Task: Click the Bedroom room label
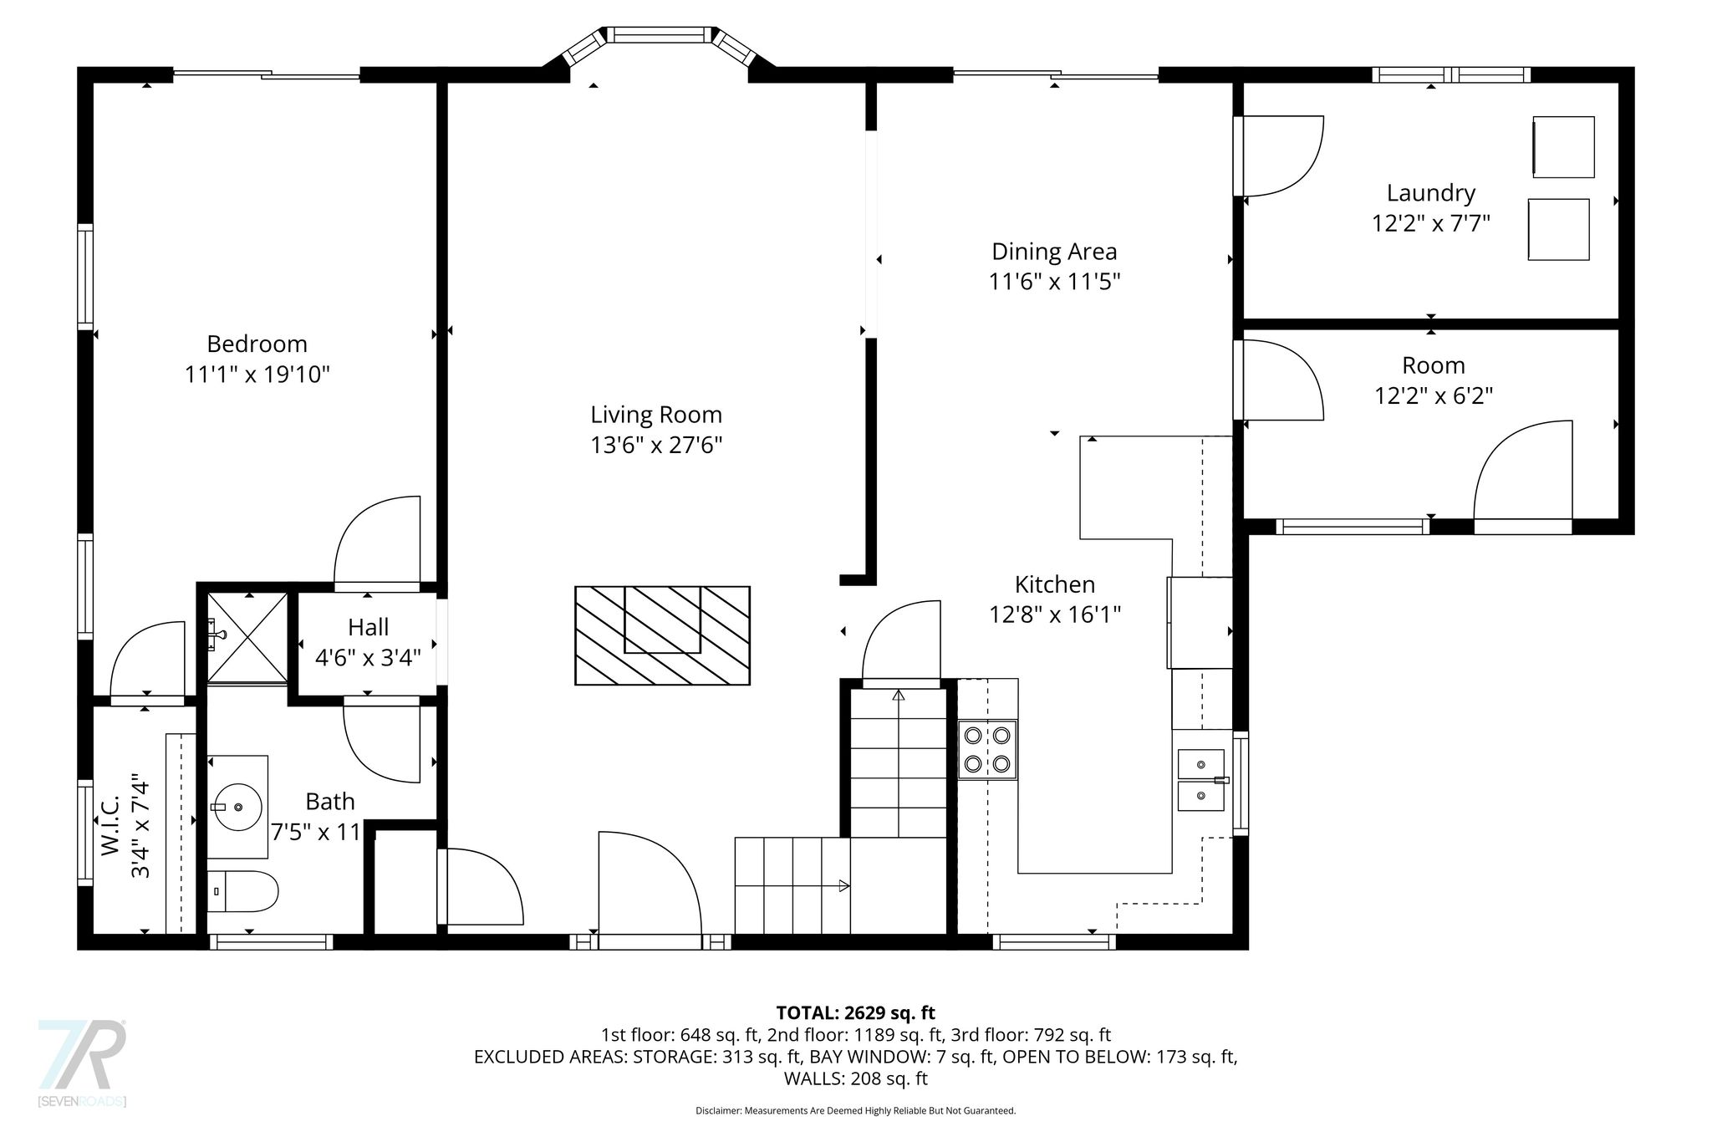point(257,344)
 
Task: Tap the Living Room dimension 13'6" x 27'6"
point(656,445)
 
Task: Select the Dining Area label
point(1054,251)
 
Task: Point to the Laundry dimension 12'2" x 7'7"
point(1431,223)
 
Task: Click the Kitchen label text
point(1055,584)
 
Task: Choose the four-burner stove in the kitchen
point(987,750)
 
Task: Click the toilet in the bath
point(242,892)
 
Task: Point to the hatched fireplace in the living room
point(662,635)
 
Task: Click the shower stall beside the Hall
point(247,636)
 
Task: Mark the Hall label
point(369,627)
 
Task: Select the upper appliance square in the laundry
point(1563,147)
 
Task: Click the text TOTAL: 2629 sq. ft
point(856,1013)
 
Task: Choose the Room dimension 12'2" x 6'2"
point(1434,395)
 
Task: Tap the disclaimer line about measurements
point(856,1111)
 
